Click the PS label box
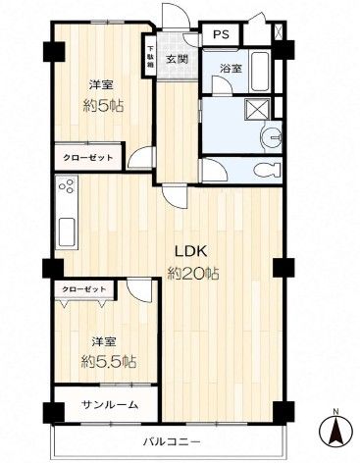(222, 34)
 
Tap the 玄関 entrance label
(178, 60)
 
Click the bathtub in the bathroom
(261, 72)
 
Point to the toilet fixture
(267, 170)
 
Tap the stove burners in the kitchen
(68, 186)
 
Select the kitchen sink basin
(67, 231)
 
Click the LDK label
(190, 252)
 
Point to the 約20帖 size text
(192, 274)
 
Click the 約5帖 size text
(103, 106)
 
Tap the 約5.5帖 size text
(109, 361)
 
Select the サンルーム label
(110, 405)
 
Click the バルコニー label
(172, 442)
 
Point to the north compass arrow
(335, 429)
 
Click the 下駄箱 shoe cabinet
(150, 56)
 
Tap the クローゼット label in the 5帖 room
(87, 158)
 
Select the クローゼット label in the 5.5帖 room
(84, 289)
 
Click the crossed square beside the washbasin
(257, 108)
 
